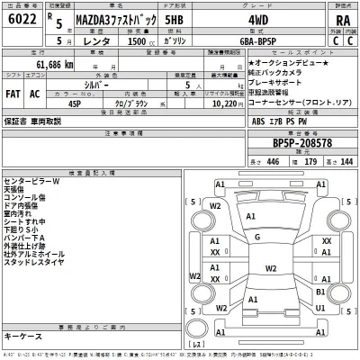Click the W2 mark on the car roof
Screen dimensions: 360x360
coord(271,268)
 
